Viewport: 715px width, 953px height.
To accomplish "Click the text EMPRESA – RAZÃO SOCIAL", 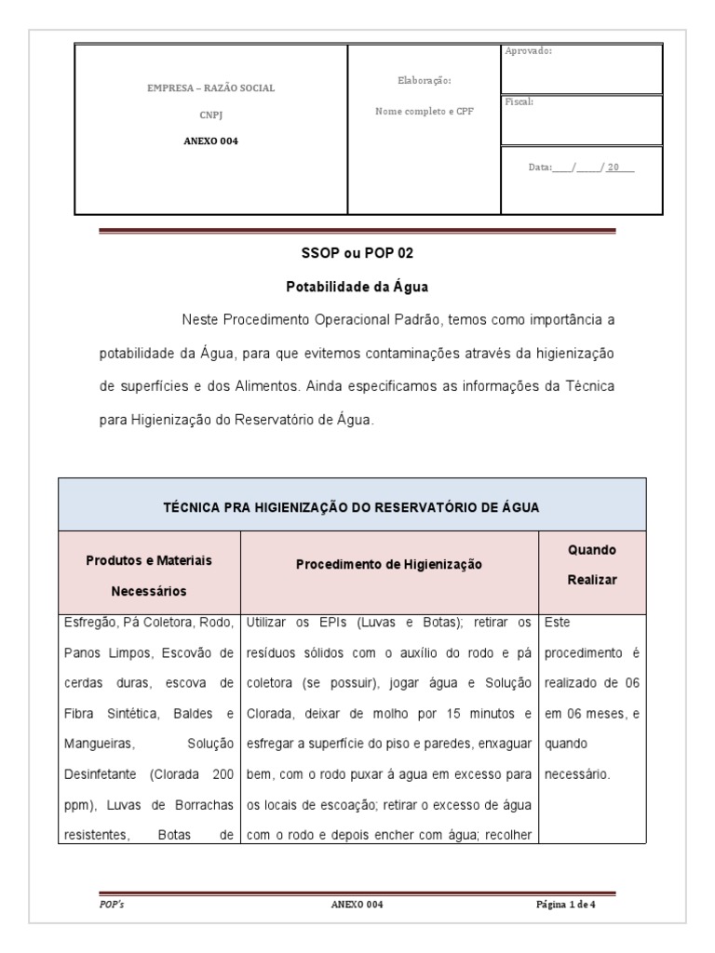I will click(x=211, y=88).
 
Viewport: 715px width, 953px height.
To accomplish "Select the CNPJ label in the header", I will click(x=211, y=115).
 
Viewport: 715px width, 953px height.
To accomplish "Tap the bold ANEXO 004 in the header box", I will click(x=211, y=141).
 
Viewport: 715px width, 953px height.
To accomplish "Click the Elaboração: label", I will click(x=424, y=81).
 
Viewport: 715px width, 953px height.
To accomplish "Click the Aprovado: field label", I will click(x=528, y=51).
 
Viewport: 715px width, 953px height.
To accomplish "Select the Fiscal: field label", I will click(x=519, y=101).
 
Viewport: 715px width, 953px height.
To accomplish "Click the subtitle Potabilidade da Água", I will click(x=357, y=287).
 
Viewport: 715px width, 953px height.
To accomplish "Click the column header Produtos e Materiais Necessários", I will click(x=150, y=575).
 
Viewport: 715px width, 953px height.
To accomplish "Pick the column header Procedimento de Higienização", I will click(x=389, y=564).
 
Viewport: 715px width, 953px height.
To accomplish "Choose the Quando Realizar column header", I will click(x=592, y=564).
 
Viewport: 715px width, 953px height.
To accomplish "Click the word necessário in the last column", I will click(x=577, y=772).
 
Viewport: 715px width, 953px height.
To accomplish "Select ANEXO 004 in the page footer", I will click(x=357, y=904).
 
